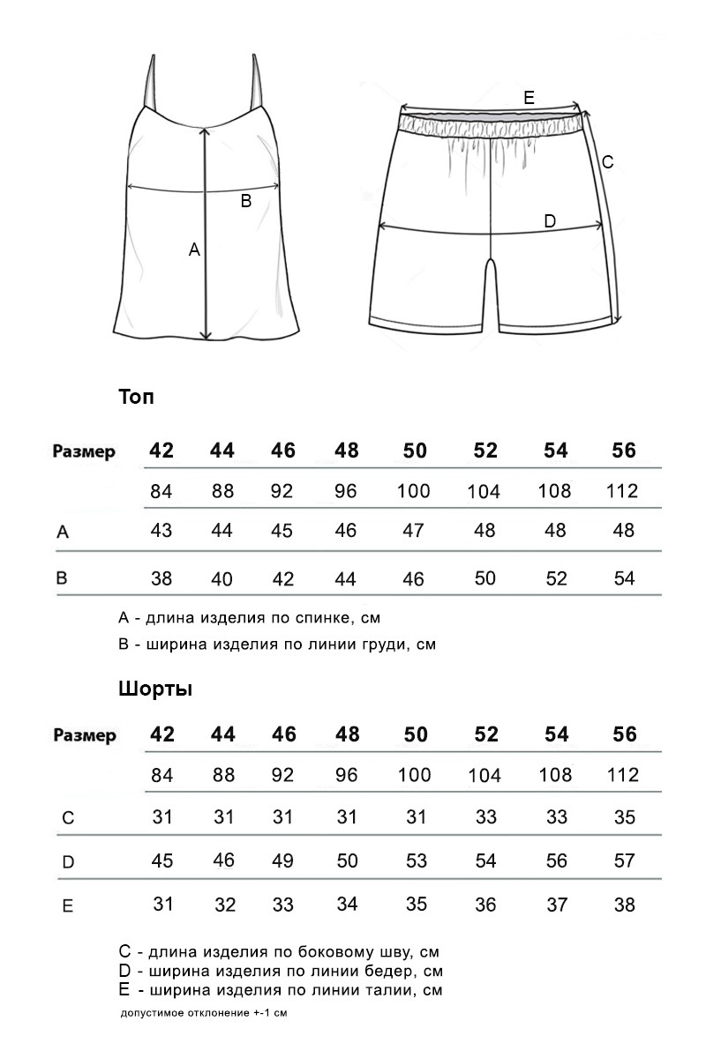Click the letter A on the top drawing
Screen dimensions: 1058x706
[195, 250]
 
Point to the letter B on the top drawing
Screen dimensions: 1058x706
[246, 201]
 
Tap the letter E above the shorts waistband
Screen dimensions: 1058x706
[529, 98]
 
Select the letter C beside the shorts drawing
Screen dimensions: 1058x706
[607, 162]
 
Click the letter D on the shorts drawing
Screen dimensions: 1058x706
[549, 221]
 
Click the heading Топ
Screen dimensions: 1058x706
[136, 397]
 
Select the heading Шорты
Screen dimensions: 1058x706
[155, 689]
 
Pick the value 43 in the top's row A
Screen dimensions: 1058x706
[161, 531]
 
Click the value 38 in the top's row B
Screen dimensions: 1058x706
[161, 578]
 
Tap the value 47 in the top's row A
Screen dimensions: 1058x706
[414, 531]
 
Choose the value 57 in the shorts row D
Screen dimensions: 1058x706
[624, 861]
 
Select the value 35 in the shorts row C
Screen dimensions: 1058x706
[624, 817]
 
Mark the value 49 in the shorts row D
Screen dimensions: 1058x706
[282, 861]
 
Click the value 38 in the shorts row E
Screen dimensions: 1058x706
[624, 905]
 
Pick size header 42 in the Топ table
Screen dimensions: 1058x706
[161, 451]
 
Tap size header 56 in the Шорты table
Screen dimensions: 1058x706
[624, 734]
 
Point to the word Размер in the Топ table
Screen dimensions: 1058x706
[84, 452]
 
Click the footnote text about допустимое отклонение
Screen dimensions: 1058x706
[204, 1013]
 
